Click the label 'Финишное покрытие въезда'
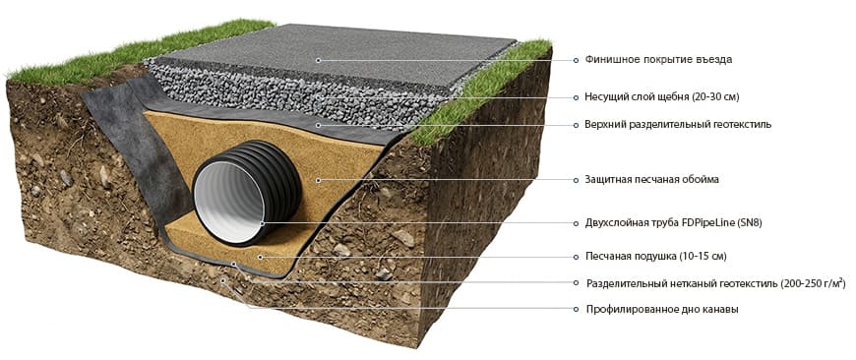click(658, 59)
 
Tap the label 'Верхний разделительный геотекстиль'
click(678, 124)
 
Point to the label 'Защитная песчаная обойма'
click(651, 179)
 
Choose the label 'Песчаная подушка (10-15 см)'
click(655, 256)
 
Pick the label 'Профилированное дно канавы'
click(662, 309)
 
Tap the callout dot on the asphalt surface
click(317, 59)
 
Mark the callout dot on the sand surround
click(318, 179)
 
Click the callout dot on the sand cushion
click(261, 256)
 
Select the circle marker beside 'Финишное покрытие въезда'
click(576, 60)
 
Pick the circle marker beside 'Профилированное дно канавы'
click(576, 309)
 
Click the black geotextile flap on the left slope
click(131, 137)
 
